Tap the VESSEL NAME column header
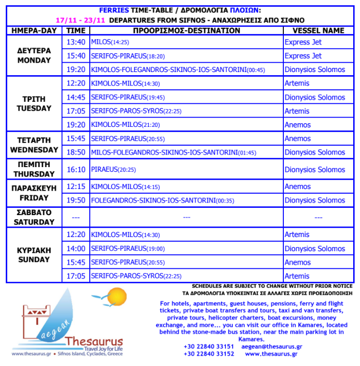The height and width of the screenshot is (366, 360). (x=318, y=30)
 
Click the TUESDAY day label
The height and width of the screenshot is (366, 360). (x=34, y=108)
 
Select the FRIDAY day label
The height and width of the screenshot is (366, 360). (x=34, y=198)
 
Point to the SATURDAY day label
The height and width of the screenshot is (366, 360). (x=34, y=221)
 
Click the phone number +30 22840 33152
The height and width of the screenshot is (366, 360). (x=209, y=353)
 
